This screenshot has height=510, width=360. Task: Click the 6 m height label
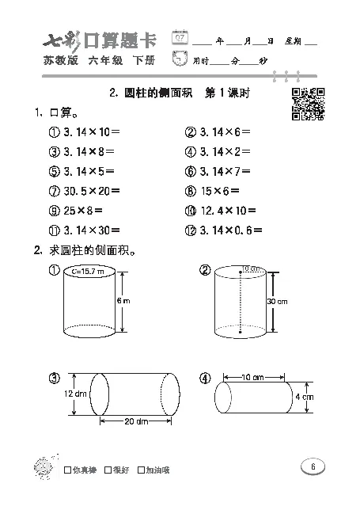[123, 301]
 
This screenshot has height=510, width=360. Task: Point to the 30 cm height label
[277, 301]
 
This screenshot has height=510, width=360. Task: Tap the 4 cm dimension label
[305, 396]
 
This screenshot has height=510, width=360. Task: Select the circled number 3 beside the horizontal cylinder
[54, 377]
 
